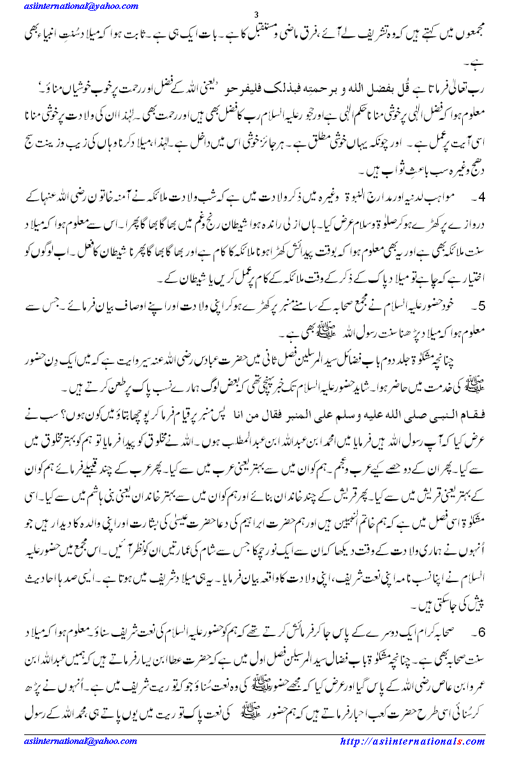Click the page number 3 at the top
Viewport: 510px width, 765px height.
tap(256, 15)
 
